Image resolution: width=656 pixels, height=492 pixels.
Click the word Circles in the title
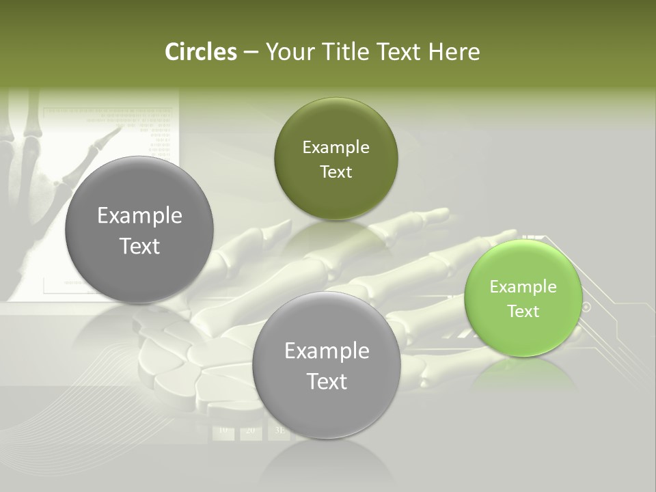pyautogui.click(x=200, y=52)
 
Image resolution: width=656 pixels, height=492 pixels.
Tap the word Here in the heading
pyautogui.click(x=454, y=52)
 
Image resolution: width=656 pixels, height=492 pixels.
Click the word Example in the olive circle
pyautogui.click(x=336, y=148)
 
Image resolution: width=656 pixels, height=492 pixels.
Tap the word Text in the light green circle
pyautogui.click(x=523, y=312)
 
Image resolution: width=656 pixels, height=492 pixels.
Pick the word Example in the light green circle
pyautogui.click(x=523, y=287)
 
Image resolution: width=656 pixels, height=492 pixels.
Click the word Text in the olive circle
pyautogui.click(x=336, y=172)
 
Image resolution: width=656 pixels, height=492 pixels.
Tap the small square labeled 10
pyautogui.click(x=224, y=431)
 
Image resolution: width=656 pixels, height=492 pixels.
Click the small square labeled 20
pyautogui.click(x=250, y=431)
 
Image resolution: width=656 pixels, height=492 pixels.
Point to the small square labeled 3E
pyautogui.click(x=278, y=431)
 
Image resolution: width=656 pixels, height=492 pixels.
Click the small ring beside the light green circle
pyautogui.click(x=586, y=307)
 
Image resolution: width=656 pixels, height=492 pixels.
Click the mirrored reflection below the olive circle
pyautogui.click(x=335, y=236)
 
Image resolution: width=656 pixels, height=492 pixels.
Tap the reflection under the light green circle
pyautogui.click(x=523, y=373)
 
